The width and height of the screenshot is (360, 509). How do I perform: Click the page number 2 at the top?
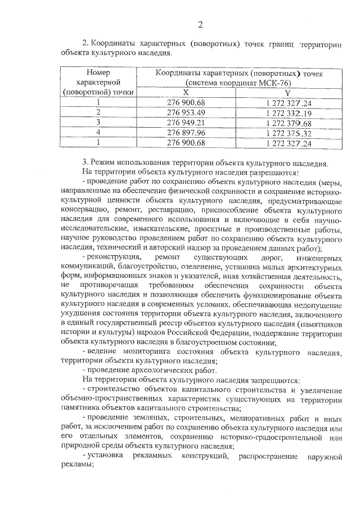pos(200,24)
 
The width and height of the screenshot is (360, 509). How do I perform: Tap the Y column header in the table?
pos(288,92)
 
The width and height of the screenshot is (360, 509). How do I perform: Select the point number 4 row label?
pos(98,133)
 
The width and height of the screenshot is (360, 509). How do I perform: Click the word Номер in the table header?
pos(98,73)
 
